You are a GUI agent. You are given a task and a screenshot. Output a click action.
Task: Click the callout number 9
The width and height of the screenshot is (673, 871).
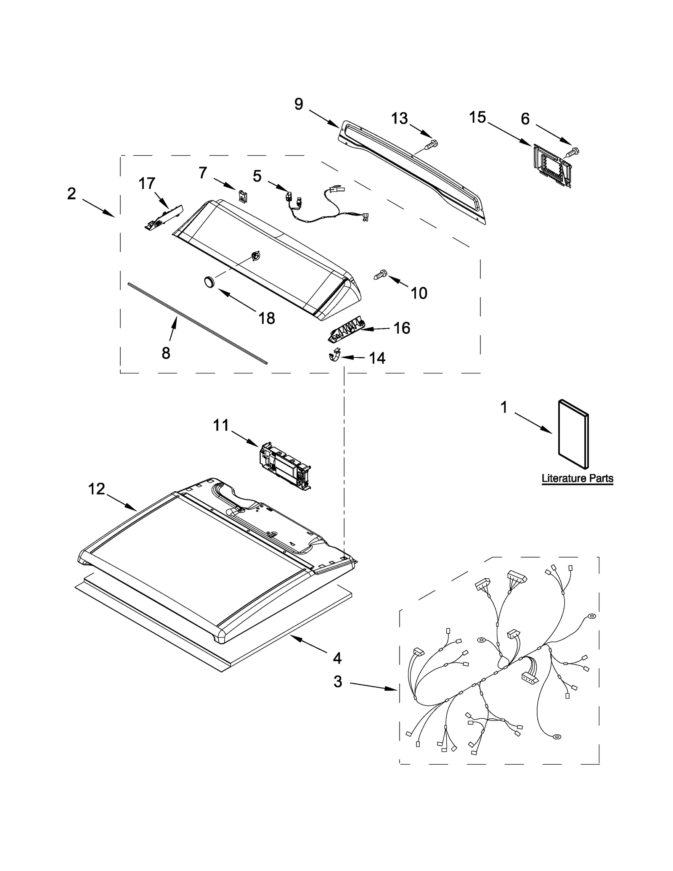pyautogui.click(x=299, y=104)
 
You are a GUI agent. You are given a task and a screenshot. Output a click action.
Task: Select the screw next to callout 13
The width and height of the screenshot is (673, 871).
pyautogui.click(x=431, y=145)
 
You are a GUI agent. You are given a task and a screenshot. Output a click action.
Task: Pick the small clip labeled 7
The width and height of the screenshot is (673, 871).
pyautogui.click(x=243, y=196)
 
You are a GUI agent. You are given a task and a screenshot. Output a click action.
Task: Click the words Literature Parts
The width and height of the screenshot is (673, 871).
pyautogui.click(x=577, y=478)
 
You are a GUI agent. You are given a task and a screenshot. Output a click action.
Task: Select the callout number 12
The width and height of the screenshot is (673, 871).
pyautogui.click(x=96, y=489)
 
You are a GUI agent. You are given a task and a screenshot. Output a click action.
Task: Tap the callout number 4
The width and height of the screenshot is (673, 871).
pyautogui.click(x=337, y=658)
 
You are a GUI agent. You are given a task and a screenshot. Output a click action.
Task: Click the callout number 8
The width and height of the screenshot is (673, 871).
pyautogui.click(x=166, y=353)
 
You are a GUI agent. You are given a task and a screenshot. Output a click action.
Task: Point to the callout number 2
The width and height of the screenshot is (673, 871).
pyautogui.click(x=72, y=193)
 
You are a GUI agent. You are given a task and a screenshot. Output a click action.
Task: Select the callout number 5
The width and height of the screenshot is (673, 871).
pyautogui.click(x=257, y=176)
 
